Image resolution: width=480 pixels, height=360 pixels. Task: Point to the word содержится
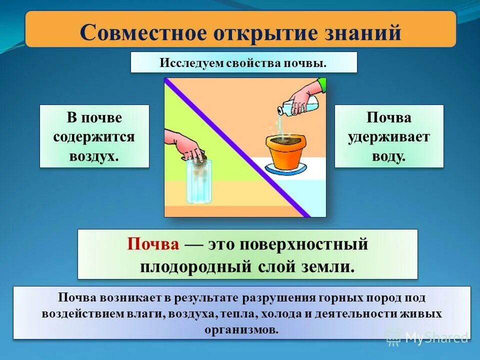94,136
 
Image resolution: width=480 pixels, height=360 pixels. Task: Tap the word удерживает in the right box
389,136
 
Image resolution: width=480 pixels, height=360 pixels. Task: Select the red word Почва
153,244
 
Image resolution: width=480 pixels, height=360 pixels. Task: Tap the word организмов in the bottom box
241,329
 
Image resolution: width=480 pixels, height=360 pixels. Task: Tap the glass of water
199,182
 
